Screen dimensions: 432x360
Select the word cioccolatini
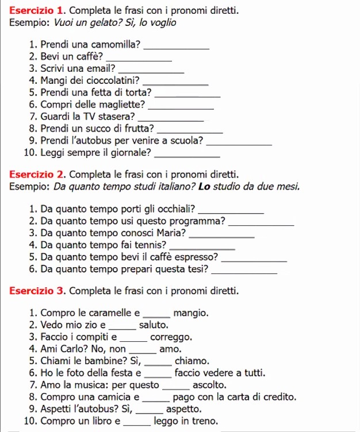click(x=112, y=80)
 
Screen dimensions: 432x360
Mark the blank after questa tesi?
click(x=244, y=270)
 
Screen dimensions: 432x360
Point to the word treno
click(x=205, y=422)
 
